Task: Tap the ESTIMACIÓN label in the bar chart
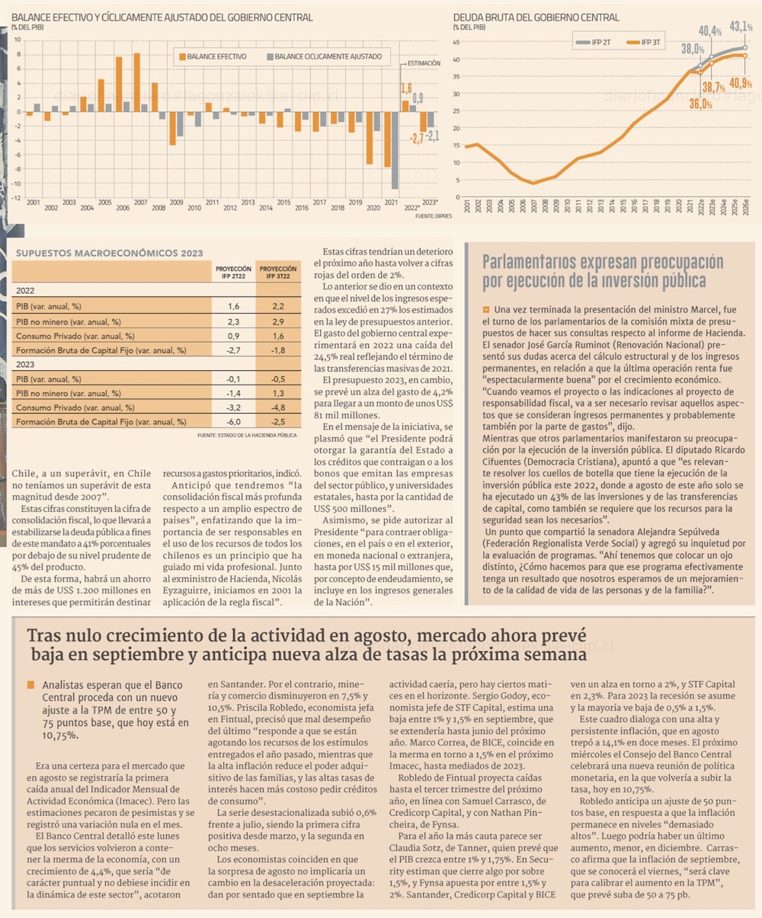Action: [x=424, y=63]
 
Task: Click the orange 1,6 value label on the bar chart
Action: [x=406, y=88]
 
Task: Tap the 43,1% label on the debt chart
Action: [x=741, y=27]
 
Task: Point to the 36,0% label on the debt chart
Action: [x=700, y=104]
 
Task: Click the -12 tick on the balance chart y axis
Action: [x=17, y=198]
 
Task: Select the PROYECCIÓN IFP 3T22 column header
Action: [x=278, y=273]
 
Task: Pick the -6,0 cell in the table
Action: [x=234, y=421]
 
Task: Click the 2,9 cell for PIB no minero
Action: [x=278, y=321]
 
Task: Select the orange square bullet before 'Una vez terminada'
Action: [x=486, y=309]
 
